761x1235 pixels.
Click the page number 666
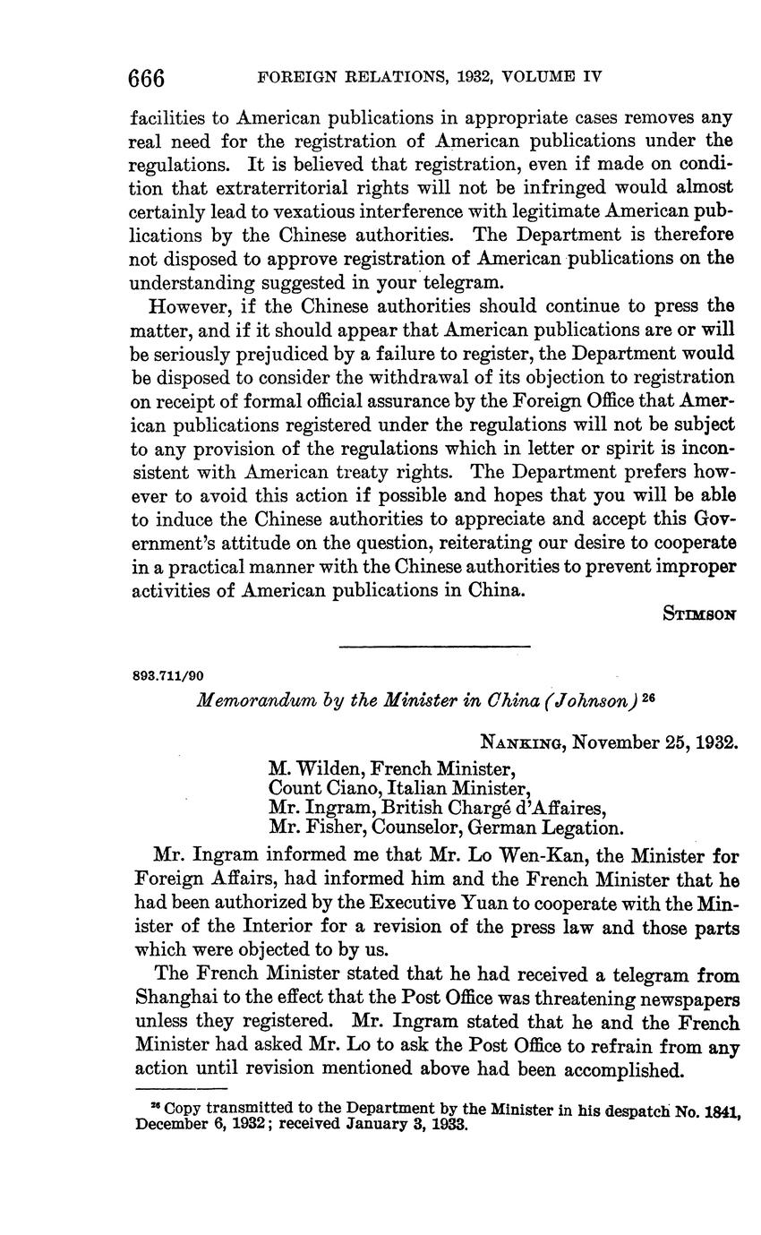pyautogui.click(x=148, y=78)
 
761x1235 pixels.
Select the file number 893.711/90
pyautogui.click(x=170, y=675)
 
